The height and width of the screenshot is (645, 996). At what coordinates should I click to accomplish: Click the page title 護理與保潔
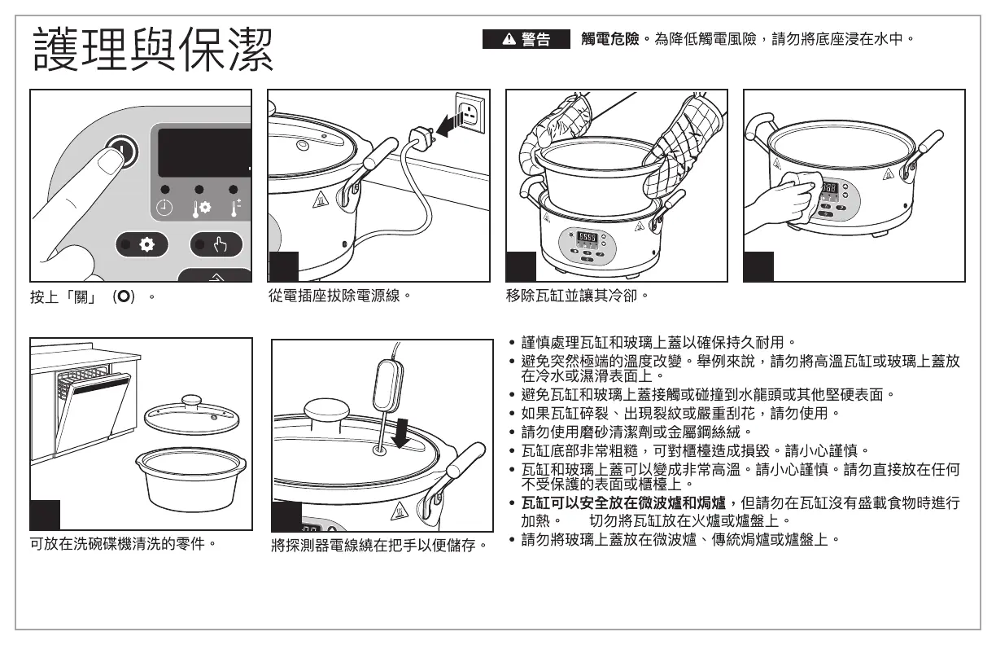153,48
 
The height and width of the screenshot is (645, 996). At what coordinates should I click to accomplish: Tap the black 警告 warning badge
526,38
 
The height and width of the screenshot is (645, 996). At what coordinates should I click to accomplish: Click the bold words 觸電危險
610,38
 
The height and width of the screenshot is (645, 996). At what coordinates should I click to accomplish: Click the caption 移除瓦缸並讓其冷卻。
576,296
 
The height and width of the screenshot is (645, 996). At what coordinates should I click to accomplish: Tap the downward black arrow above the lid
402,432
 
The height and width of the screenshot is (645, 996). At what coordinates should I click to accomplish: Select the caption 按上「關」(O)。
92,296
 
